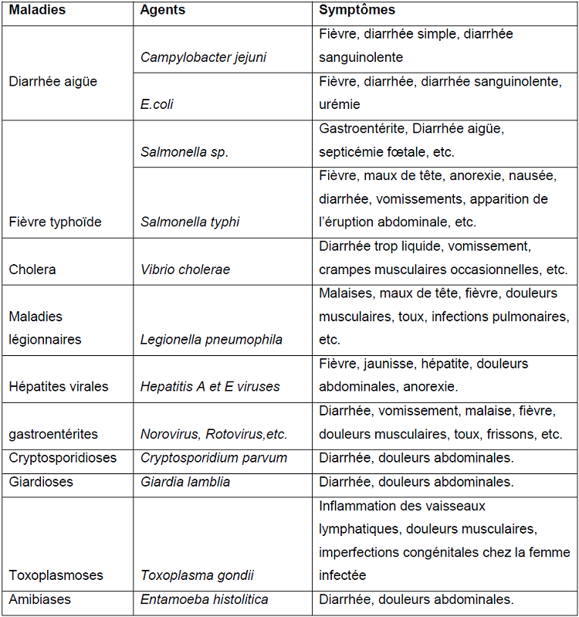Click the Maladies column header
[x=37, y=11]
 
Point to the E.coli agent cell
[x=157, y=104]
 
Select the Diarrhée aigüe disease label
[x=53, y=81]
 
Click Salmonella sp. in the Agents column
[x=185, y=152]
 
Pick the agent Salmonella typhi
[x=190, y=222]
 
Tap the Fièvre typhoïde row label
[x=56, y=222]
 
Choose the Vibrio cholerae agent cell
[x=185, y=270]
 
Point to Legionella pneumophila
[x=211, y=340]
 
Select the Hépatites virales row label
[x=59, y=387]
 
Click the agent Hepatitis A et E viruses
[x=210, y=387]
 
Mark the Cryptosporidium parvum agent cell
[x=214, y=458]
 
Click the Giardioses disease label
[x=41, y=482]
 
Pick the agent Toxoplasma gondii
[x=197, y=575]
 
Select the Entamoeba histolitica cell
[x=205, y=599]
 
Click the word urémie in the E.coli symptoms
[x=340, y=104]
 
